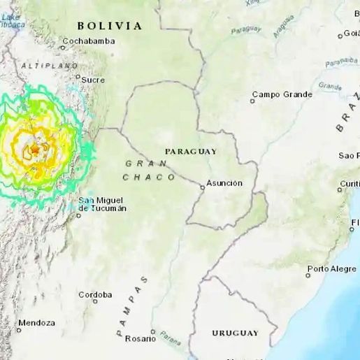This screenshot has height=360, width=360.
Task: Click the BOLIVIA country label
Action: [x=110, y=26]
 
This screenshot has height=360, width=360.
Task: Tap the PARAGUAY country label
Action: [x=191, y=151]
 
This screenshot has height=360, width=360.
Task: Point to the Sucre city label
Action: [x=93, y=80]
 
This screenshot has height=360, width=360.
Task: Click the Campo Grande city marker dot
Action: [x=253, y=101]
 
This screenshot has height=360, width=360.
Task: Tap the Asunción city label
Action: [x=224, y=183]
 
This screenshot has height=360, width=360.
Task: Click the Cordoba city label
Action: [x=95, y=295]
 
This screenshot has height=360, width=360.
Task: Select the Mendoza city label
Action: [x=37, y=323]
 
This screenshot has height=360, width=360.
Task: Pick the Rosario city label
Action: [x=141, y=338]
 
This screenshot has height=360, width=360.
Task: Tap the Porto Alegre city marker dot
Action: [x=308, y=275]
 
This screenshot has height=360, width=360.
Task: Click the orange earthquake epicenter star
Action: [x=34, y=149]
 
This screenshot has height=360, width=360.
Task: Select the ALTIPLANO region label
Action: [x=49, y=65]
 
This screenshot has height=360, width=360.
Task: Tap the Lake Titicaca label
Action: [x=14, y=22]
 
